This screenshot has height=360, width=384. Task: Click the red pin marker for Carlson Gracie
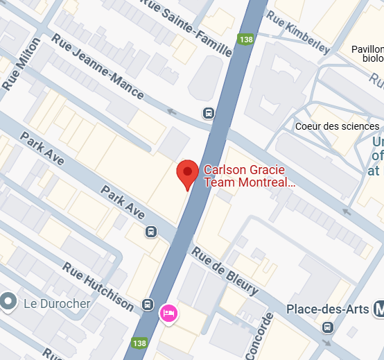point(187,174)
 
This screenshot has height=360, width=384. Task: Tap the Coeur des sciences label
point(337,126)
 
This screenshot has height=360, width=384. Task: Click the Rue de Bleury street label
point(225,271)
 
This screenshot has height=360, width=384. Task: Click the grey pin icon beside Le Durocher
point(9,302)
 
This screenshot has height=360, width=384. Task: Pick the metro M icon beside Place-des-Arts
point(378,308)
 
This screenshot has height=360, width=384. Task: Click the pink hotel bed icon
point(168,313)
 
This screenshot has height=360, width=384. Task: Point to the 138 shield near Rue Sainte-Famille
point(246,40)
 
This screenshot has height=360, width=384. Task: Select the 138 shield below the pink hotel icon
point(140,343)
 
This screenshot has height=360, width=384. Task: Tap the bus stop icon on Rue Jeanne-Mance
point(208,113)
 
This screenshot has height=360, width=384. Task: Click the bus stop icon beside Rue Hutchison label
point(147,304)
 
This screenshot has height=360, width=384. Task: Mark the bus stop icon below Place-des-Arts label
point(327,328)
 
